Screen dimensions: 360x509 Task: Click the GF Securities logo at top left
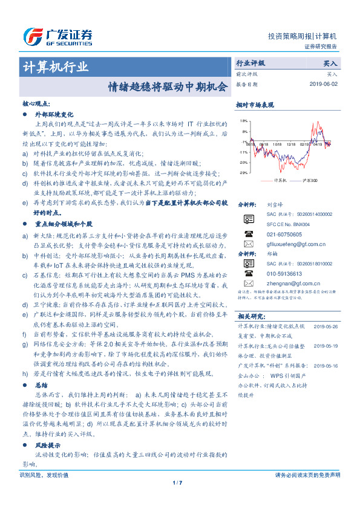57,36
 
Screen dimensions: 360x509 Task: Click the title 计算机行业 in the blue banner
56,66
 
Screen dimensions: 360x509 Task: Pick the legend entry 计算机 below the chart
277,180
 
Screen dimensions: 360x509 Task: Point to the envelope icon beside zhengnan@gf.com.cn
248,283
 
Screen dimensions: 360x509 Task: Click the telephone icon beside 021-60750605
248,233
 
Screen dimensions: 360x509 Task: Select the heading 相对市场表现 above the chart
255,105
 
